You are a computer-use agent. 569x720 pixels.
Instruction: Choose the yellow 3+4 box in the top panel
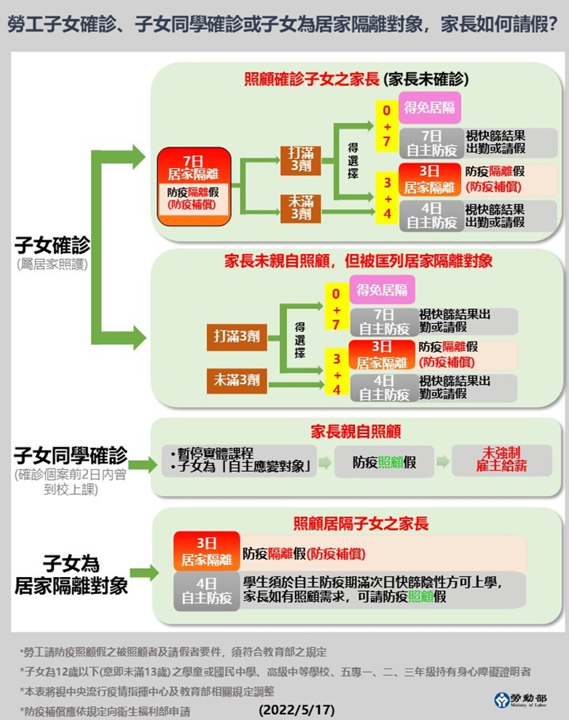[x=387, y=197]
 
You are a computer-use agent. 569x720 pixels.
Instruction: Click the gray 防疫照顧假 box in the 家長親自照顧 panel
[x=384, y=462]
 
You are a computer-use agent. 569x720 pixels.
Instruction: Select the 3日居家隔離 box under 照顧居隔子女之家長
[x=206, y=551]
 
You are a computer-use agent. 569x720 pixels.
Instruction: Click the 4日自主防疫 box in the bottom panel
[x=206, y=592]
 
